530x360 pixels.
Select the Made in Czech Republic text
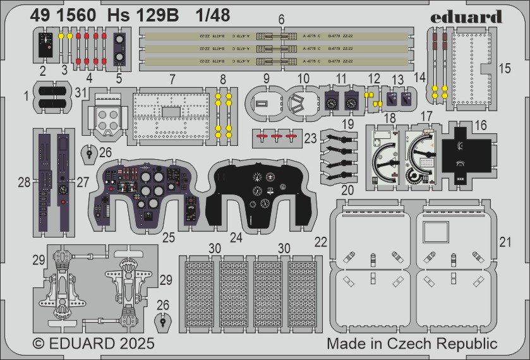[x=412, y=344]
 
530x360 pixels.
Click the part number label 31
[x=79, y=92]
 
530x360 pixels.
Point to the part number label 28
[x=24, y=183]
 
